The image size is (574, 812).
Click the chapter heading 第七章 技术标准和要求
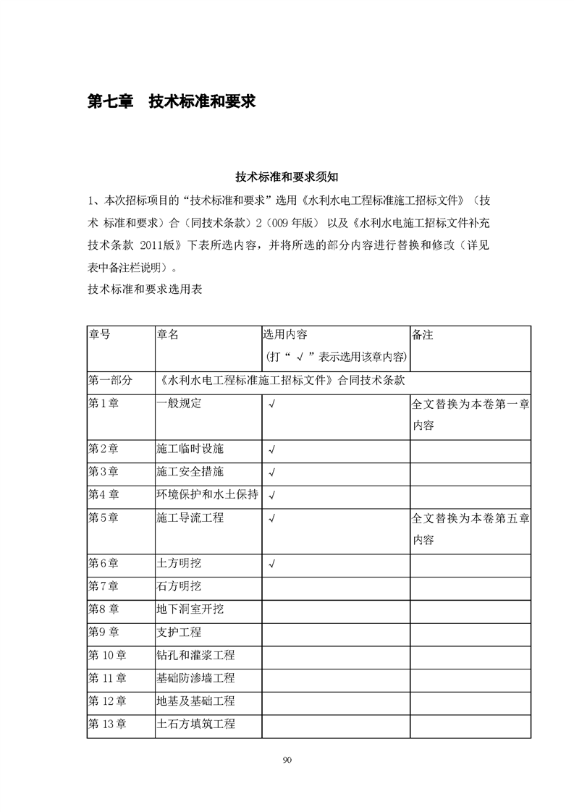tap(172, 101)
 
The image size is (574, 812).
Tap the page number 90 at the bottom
tap(287, 759)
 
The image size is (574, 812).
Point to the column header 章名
tap(167, 334)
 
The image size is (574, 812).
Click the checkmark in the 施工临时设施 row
tap(271, 449)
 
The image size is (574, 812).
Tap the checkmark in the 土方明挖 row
tap(271, 564)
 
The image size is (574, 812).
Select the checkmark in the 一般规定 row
tap(271, 404)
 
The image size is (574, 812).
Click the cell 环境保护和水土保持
tap(207, 495)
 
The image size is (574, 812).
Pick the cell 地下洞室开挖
tap(190, 609)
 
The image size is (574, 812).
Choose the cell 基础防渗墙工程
tap(195, 678)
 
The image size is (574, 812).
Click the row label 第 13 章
tap(107, 724)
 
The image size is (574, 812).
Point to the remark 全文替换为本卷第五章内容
tap(470, 529)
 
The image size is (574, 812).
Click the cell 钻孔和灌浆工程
tap(195, 656)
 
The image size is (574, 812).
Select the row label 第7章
tap(103, 586)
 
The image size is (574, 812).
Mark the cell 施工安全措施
tap(190, 472)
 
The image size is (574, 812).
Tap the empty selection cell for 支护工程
tap(335, 633)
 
